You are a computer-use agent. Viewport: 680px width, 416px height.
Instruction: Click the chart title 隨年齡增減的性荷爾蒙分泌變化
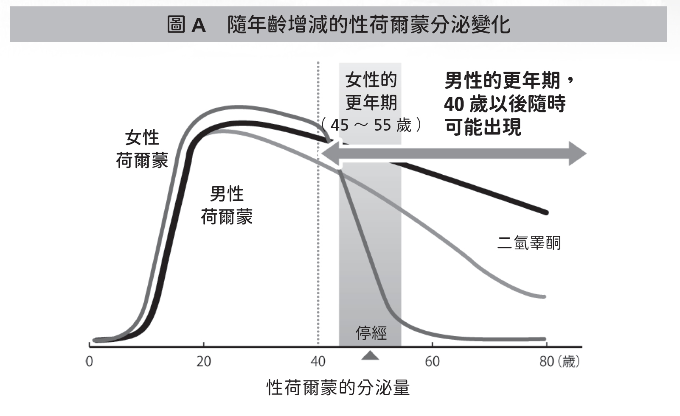click(x=368, y=25)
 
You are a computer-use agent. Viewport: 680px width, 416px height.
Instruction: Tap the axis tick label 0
click(x=89, y=362)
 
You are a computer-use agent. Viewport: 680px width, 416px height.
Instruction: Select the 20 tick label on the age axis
click(x=204, y=362)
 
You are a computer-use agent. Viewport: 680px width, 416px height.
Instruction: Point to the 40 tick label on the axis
click(x=318, y=362)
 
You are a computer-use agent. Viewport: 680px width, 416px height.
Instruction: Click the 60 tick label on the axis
click(x=432, y=362)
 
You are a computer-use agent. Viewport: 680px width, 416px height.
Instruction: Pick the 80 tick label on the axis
click(x=546, y=362)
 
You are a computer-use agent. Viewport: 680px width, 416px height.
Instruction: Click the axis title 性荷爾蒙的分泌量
click(x=338, y=388)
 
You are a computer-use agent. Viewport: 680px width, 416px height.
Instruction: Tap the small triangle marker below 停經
click(x=371, y=355)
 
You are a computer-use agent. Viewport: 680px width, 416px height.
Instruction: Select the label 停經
click(x=371, y=333)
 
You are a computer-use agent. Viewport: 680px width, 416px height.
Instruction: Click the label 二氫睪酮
click(x=529, y=243)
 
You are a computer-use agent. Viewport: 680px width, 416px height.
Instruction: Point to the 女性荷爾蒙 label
click(x=142, y=149)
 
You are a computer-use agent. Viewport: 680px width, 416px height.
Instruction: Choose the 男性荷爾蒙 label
click(x=227, y=205)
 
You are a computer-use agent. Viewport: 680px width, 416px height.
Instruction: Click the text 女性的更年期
click(x=371, y=91)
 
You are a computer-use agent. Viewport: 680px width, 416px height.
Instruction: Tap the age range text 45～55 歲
click(x=371, y=125)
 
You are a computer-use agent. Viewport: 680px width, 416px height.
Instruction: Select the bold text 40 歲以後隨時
click(x=505, y=104)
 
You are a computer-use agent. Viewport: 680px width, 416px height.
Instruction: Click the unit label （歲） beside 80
click(x=569, y=362)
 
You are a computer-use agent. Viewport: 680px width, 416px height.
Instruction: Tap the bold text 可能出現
click(x=483, y=127)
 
